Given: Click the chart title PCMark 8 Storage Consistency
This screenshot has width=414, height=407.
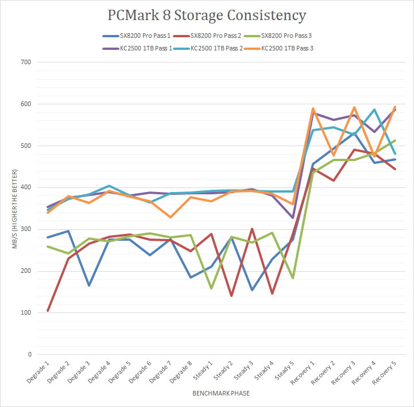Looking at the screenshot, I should coord(207,15).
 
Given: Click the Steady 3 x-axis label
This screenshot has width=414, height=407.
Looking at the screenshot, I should coord(241,373).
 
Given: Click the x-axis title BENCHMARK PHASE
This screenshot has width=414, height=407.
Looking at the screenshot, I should coord(221,394).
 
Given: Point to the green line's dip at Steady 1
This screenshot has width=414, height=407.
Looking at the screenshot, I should coord(211,288).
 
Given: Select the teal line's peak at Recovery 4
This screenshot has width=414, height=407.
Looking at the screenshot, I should coord(374,109).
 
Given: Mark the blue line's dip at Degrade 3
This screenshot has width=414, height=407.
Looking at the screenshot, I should coord(88,285).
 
